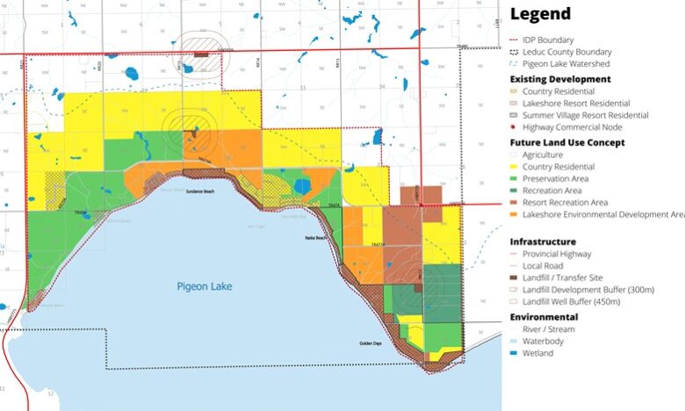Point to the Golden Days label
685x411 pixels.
370,344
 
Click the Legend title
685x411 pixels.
540,14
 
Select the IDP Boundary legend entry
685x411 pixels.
548,40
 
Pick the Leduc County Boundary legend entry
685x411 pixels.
566,52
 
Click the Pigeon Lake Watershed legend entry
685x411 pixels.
566,64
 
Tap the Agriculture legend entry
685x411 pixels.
542,155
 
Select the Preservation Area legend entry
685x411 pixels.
555,178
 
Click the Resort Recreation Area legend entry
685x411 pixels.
565,202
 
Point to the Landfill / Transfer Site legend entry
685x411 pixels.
562,278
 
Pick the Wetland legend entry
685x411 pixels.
537,353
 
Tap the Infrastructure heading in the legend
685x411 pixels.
543,241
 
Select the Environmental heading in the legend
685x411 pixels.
544,316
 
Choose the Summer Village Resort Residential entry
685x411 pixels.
585,115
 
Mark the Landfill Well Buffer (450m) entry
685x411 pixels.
571,302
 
